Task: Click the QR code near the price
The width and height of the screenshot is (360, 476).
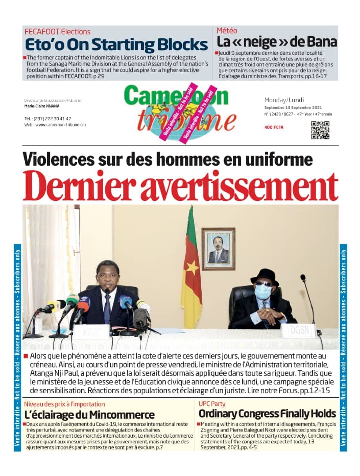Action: (320, 130)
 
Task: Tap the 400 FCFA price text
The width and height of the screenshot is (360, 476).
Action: (274, 127)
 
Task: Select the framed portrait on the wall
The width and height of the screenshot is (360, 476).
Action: (218, 249)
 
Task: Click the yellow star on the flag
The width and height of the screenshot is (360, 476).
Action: (192, 267)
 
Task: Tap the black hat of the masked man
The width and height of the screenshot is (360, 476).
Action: (265, 276)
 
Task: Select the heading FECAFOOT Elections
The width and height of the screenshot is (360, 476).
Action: (57, 32)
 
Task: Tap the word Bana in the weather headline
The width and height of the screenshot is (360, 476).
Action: (322, 42)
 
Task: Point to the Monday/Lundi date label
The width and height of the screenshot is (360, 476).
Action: (284, 100)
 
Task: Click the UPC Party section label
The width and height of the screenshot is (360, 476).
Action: (212, 404)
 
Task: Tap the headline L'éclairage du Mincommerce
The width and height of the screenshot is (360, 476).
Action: (89, 415)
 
